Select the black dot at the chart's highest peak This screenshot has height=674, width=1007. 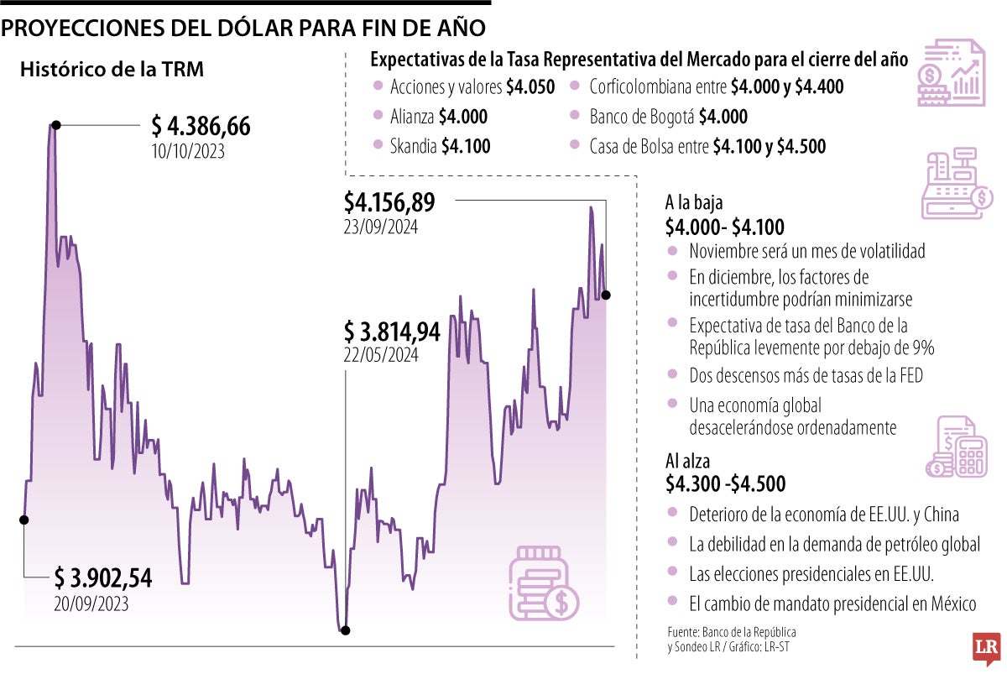[55, 125]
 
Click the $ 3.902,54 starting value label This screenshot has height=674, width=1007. [103, 577]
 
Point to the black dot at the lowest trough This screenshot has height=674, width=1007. [345, 630]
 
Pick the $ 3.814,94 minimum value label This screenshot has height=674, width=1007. [392, 332]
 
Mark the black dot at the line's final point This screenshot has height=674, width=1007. [606, 295]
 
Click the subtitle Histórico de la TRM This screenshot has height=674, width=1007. [112, 70]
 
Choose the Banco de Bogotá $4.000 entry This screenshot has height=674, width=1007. [668, 117]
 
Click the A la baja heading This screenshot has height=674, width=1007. [693, 203]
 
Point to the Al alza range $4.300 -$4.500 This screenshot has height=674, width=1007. [725, 484]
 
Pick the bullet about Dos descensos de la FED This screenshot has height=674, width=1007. [805, 376]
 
